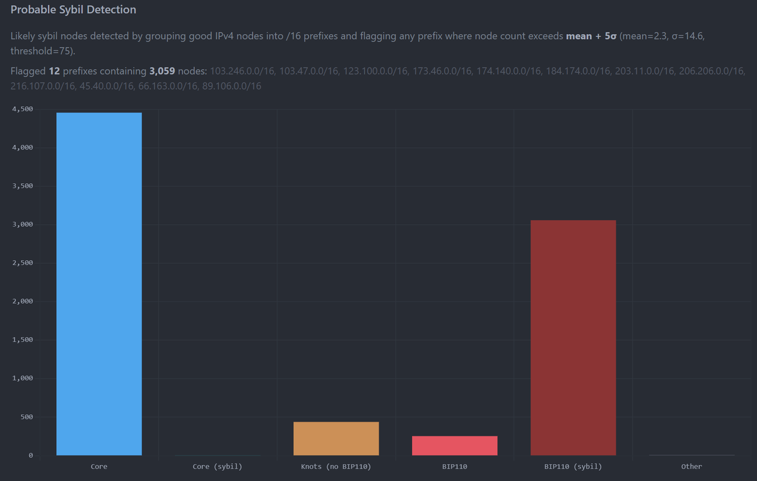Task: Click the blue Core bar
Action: tap(99, 284)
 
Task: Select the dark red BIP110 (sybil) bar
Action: tap(573, 338)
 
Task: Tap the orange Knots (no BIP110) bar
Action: tap(336, 439)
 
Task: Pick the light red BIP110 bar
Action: tap(455, 446)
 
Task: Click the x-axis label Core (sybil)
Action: tap(218, 466)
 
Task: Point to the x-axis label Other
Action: tap(691, 466)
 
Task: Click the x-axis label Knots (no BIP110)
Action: tap(336, 466)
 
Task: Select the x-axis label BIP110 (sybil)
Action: tap(573, 466)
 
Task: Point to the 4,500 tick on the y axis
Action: tap(22, 109)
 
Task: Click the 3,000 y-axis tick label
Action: tap(22, 225)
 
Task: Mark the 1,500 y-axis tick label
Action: tap(22, 340)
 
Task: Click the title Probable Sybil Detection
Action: tap(73, 10)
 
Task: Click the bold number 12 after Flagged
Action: tap(54, 71)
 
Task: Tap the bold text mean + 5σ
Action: tap(591, 36)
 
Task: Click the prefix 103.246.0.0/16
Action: tap(240, 71)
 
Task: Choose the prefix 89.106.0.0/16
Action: tap(232, 86)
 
